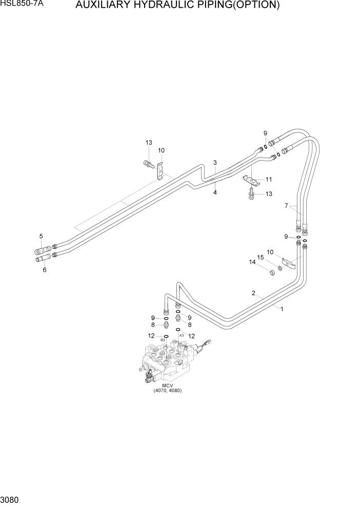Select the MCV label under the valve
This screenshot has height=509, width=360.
click(167, 385)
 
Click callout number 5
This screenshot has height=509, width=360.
click(41, 236)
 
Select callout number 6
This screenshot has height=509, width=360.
click(45, 270)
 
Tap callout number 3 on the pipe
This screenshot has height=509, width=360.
click(215, 163)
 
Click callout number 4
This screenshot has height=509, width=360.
click(215, 192)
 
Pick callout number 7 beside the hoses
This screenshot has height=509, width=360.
click(287, 206)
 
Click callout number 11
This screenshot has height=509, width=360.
click(269, 180)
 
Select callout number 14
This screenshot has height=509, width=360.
click(252, 262)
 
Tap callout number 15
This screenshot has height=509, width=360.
click(260, 257)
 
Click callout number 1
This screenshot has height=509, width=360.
click(281, 308)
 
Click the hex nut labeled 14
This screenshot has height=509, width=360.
click(271, 271)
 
